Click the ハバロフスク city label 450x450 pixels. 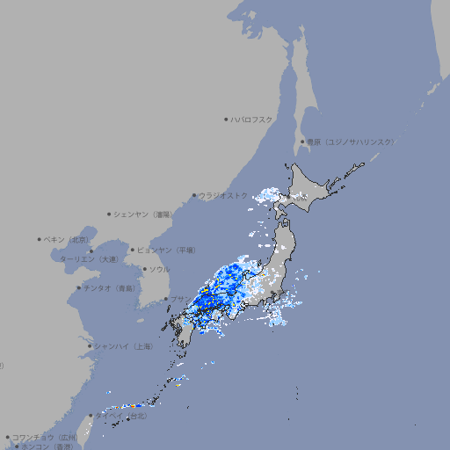pos(252,119)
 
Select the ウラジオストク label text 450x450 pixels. pos(223,196)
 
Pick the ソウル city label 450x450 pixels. pos(159,269)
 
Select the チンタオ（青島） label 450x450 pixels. pos(110,287)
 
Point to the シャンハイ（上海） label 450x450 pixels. pos(123,346)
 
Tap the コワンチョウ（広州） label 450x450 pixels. pos(45,437)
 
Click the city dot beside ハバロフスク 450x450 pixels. pos(226,119)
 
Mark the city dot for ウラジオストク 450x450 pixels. pos(194,196)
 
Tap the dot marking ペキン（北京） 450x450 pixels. pos(40,239)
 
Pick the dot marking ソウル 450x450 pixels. pos(143,269)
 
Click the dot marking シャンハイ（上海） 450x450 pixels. pos(89,346)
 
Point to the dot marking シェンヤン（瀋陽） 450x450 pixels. pos(109,214)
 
